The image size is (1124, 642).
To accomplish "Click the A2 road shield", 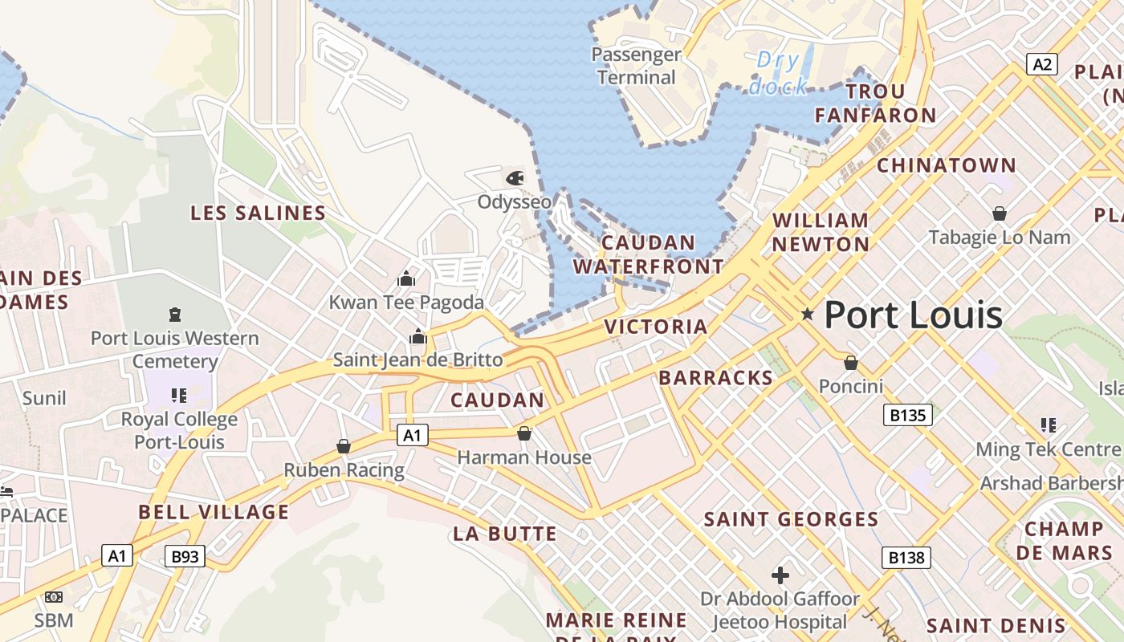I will [1041, 64].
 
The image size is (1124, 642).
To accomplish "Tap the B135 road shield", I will [908, 415].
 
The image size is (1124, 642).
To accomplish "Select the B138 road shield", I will [906, 557].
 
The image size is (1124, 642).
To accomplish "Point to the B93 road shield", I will [185, 555].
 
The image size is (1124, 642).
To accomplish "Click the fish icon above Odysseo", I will [515, 177].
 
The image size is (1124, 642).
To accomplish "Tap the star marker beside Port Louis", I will [808, 315].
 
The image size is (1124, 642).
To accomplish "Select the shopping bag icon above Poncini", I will [851, 363].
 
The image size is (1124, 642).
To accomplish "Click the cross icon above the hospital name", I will [780, 575].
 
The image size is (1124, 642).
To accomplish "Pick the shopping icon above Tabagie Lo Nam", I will [1000, 213].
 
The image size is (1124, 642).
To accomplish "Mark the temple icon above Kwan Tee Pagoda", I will [406, 278].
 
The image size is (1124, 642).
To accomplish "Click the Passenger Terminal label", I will [636, 66].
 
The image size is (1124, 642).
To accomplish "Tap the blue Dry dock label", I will [778, 72].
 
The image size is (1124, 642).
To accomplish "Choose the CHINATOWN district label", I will [946, 165].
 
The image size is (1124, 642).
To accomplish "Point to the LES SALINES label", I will [258, 213].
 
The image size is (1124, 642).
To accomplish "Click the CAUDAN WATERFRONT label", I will [648, 254].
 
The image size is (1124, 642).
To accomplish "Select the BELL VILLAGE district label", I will [214, 512].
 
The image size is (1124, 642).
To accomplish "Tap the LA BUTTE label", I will [505, 534].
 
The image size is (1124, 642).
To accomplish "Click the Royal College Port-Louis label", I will [179, 430].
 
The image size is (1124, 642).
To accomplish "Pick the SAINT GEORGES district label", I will [791, 519].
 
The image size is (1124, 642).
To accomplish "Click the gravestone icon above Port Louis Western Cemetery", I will [175, 314].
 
